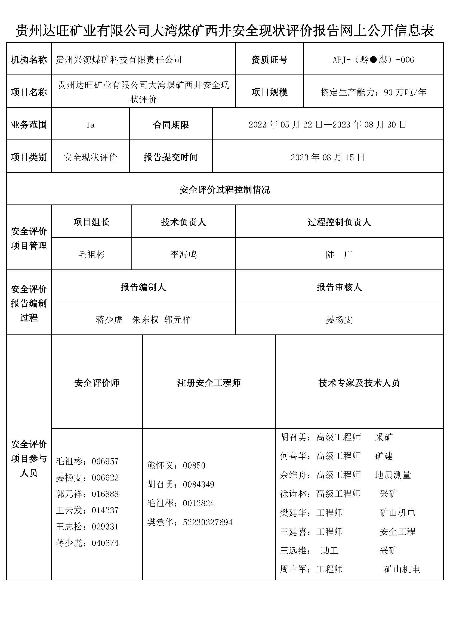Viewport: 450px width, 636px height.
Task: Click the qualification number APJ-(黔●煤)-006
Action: [373, 60]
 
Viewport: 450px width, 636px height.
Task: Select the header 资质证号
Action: [269, 60]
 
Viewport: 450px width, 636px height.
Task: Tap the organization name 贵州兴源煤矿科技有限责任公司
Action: [119, 60]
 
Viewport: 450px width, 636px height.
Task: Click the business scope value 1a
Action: [90, 125]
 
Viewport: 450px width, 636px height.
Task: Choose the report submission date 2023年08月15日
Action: [328, 157]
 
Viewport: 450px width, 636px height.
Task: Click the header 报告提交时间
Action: [171, 157]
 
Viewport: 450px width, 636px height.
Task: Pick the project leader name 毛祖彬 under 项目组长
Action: [91, 254]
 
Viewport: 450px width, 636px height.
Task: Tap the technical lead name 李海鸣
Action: [183, 254]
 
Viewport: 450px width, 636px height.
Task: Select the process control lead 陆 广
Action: [339, 254]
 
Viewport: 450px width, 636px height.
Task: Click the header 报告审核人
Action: [339, 287]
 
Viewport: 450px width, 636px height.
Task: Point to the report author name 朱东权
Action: [146, 320]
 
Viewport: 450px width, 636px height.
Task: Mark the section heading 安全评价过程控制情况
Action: [225, 190]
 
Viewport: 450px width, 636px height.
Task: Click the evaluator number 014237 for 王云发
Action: [105, 510]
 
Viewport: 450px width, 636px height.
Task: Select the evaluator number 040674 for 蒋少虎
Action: [105, 543]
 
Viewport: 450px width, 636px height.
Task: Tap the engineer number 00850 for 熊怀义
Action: [194, 465]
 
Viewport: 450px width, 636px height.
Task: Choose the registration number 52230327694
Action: [208, 522]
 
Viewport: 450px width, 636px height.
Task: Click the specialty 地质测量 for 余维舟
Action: [393, 475]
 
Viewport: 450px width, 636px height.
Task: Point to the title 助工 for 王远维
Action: [329, 550]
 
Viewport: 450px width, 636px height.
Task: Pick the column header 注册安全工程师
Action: [209, 383]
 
